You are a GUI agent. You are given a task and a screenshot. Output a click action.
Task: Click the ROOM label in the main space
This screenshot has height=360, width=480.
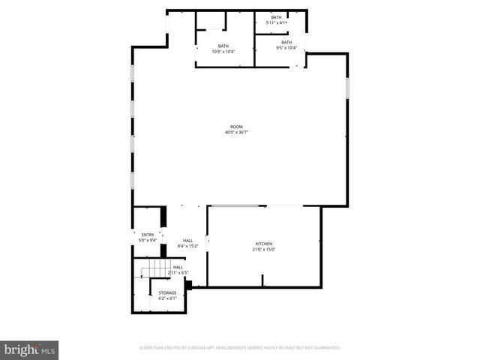tap(235, 127)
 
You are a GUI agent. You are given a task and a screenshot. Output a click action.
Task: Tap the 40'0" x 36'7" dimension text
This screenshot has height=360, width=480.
tap(235, 133)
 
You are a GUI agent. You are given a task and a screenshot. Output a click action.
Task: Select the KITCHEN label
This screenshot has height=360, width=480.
tap(263, 244)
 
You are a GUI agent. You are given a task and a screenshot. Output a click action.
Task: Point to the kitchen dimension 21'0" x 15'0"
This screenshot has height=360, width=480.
tap(263, 250)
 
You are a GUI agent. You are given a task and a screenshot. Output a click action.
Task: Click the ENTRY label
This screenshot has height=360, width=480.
tap(148, 235)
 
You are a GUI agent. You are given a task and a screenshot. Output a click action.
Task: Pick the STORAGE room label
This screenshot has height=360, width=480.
tap(167, 292)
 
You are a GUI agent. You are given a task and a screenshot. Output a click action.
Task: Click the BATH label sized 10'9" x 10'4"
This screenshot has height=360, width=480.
tap(223, 46)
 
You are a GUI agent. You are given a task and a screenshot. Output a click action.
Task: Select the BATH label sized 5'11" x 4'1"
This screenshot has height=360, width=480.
tap(277, 17)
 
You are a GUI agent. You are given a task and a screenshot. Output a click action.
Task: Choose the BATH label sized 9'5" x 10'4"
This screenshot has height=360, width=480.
tap(286, 42)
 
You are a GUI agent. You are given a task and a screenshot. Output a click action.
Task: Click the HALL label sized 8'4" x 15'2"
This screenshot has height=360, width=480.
tap(187, 240)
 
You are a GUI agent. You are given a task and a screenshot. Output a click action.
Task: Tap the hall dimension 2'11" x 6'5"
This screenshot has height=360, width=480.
tap(178, 272)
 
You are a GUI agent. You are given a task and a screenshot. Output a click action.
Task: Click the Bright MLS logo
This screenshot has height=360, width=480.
tap(30, 349)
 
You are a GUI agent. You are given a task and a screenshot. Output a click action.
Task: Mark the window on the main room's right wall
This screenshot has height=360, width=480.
tap(347, 88)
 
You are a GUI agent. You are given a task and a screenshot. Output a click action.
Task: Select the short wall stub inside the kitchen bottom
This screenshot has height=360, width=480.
tap(262, 280)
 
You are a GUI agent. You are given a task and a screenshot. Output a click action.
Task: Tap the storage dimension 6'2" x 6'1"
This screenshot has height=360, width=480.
tap(167, 298)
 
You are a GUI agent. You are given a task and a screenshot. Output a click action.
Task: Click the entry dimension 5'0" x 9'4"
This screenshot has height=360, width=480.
tap(148, 241)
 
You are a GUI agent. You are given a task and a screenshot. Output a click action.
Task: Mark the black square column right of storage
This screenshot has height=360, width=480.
tap(189, 284)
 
